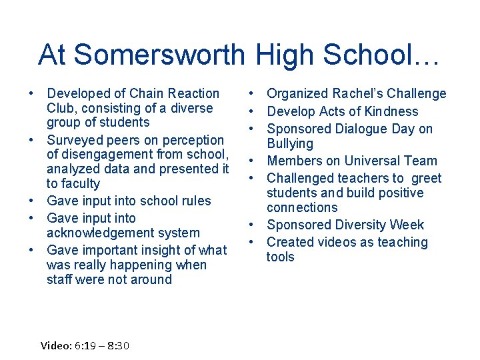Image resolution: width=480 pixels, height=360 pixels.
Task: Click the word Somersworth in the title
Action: [159, 55]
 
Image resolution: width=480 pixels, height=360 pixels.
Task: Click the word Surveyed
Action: [75, 140]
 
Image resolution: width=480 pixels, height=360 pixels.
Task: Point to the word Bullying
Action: [290, 143]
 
